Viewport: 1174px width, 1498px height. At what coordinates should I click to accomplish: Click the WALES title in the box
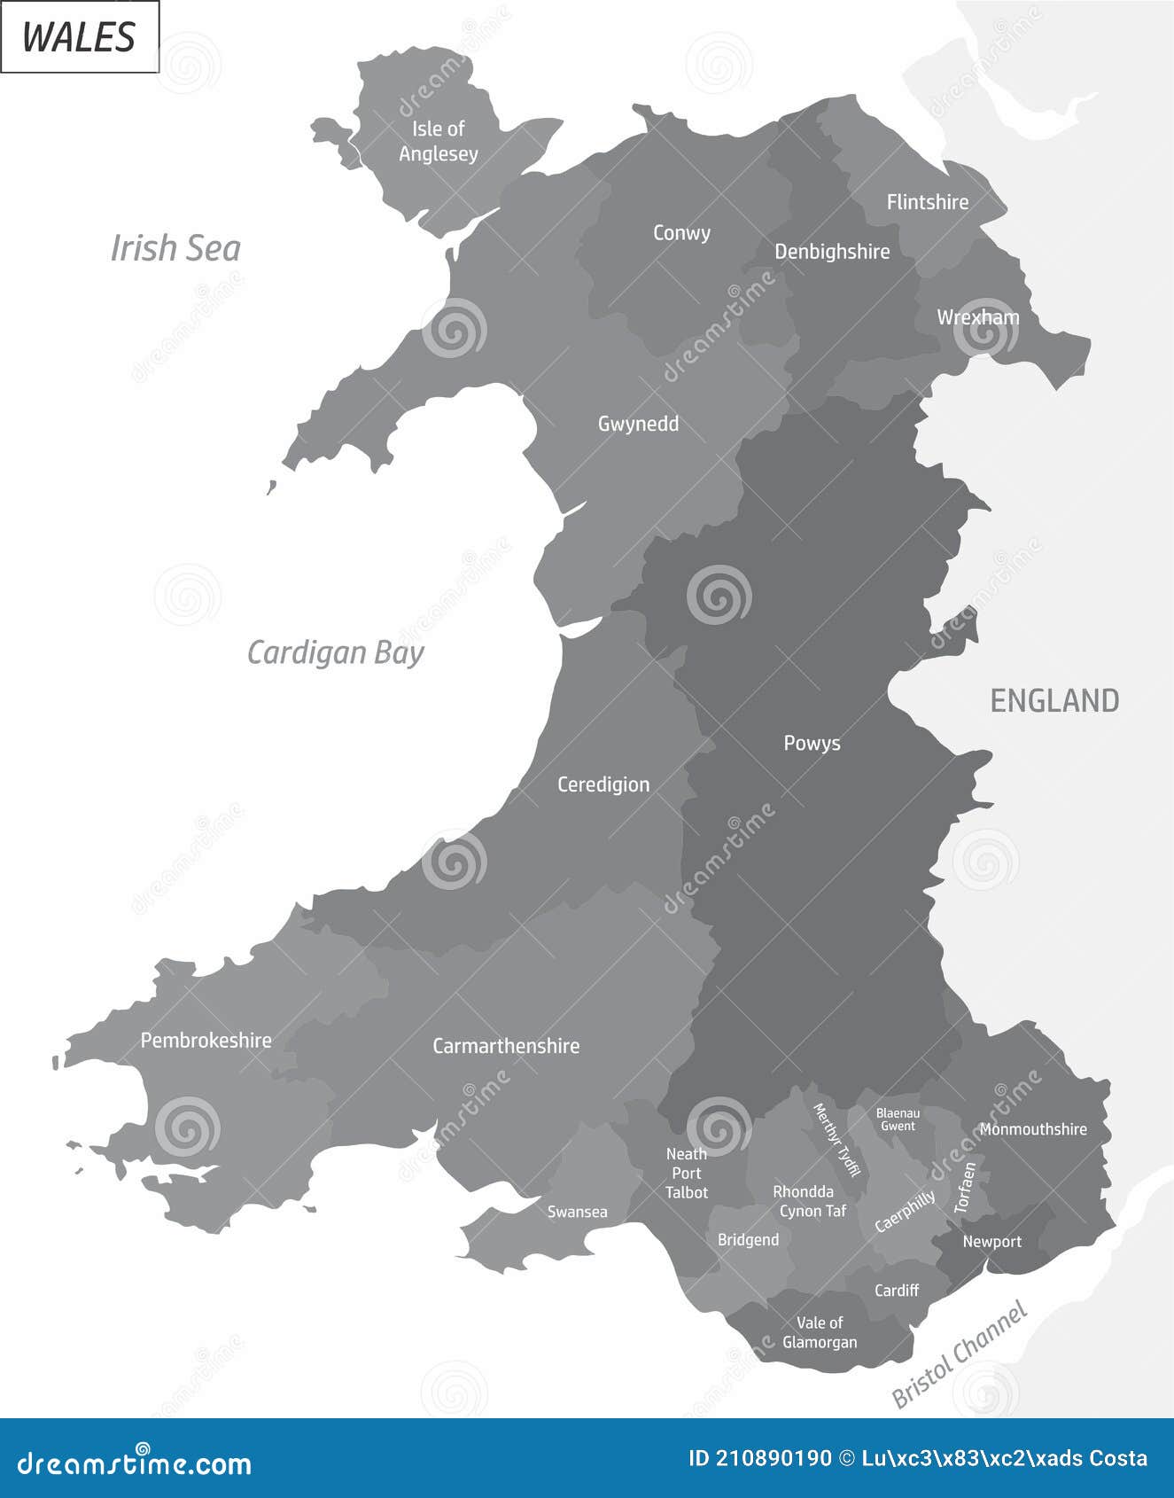79,37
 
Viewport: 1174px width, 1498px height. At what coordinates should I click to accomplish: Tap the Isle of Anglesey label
439,141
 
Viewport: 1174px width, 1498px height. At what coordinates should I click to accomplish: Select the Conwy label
681,233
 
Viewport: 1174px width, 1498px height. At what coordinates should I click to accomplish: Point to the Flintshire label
928,202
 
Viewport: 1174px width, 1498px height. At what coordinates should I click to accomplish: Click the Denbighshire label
832,252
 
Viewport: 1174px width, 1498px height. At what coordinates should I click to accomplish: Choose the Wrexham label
978,317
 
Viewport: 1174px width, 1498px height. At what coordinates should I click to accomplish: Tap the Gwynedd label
638,424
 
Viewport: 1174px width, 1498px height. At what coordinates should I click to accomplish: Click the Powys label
812,743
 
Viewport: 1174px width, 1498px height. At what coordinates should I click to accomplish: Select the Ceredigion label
603,784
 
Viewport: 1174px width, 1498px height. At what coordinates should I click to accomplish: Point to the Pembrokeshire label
206,1040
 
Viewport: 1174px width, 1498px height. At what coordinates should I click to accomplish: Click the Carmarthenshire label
506,1046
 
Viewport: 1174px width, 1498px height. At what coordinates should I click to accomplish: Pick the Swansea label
578,1212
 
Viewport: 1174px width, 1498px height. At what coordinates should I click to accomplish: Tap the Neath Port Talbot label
687,1173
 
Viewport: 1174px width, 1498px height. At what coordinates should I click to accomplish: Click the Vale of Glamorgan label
820,1332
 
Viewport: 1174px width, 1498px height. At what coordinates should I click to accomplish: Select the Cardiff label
897,1291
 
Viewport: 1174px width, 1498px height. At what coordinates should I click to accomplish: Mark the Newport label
992,1242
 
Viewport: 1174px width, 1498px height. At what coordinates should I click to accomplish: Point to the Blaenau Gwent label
898,1120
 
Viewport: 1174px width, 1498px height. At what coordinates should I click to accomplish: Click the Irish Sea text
175,248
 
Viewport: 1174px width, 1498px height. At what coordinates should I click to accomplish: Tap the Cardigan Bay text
335,652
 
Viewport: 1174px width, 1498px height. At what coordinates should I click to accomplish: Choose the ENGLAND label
1054,701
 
